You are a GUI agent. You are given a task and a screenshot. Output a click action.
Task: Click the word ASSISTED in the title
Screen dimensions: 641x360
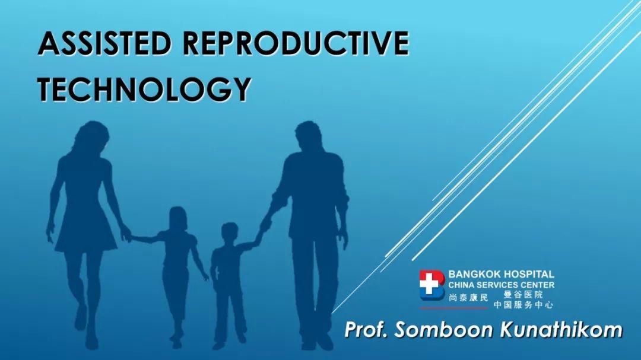pyautogui.click(x=104, y=43)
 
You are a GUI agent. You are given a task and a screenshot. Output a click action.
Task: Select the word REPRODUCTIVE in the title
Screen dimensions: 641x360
pyautogui.click(x=296, y=43)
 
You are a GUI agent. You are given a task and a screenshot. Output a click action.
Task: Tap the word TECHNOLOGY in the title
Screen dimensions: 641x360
pyautogui.click(x=144, y=89)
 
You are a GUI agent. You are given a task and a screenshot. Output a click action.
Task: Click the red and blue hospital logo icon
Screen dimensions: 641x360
pyautogui.click(x=431, y=285)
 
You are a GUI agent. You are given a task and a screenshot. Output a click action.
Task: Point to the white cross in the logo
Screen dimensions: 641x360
pyautogui.click(x=429, y=283)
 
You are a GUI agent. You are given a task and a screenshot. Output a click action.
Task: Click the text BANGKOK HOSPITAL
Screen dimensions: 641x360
pyautogui.click(x=501, y=274)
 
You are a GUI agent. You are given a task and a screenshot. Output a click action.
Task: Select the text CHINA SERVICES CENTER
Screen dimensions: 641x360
pyautogui.click(x=501, y=285)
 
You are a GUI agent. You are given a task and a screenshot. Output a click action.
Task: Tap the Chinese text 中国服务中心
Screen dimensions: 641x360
pyautogui.click(x=523, y=304)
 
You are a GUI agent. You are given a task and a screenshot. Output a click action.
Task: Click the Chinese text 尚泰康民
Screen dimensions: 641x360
pyautogui.click(x=468, y=298)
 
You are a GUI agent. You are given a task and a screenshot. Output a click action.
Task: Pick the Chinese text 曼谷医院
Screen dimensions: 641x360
pyautogui.click(x=523, y=295)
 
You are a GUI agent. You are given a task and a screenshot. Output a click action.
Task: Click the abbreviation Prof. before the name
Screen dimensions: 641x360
pyautogui.click(x=366, y=329)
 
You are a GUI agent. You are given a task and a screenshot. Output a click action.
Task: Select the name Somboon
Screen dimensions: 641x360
pyautogui.click(x=444, y=329)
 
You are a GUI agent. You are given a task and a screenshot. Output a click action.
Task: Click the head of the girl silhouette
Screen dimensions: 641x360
pyautogui.click(x=177, y=219)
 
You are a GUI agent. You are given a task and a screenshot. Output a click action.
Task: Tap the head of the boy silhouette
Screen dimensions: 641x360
pyautogui.click(x=230, y=233)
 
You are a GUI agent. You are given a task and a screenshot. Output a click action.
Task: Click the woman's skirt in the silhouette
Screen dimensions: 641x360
pyautogui.click(x=86, y=229)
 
